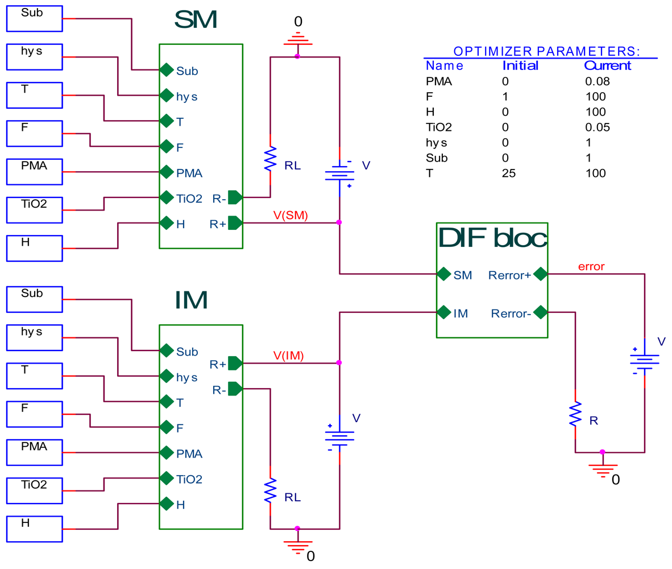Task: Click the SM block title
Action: click(196, 20)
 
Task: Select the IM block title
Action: click(192, 299)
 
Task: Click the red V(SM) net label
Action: click(290, 215)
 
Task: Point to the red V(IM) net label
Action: click(288, 356)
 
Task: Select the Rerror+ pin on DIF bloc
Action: click(540, 275)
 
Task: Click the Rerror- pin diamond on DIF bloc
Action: click(540, 312)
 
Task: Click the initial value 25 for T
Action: click(509, 173)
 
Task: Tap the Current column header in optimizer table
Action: click(607, 65)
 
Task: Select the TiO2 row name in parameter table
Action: click(438, 127)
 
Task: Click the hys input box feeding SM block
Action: click(33, 57)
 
